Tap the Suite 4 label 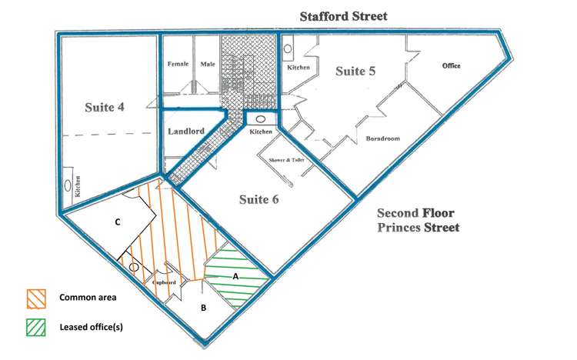[x=105, y=107]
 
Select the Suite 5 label [x=355, y=72]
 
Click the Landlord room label [x=185, y=132]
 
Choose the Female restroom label [x=178, y=65]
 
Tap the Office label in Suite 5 [x=451, y=66]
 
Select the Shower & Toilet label [x=286, y=160]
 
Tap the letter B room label [x=203, y=308]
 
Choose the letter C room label [x=117, y=222]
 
